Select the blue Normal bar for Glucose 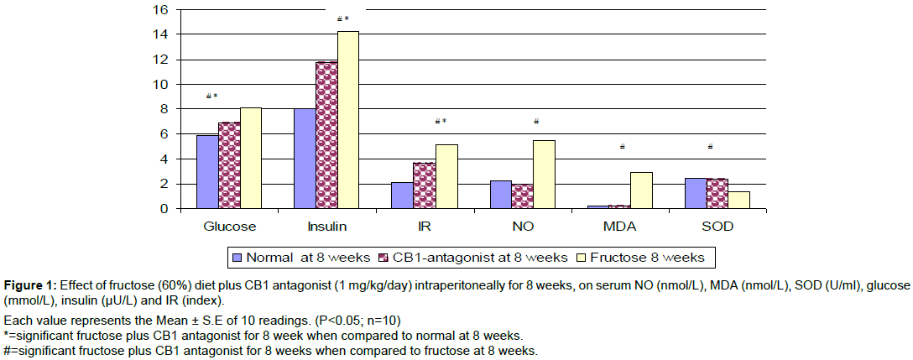pyautogui.click(x=206, y=171)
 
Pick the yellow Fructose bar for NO pyautogui.click(x=544, y=174)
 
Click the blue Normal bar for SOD pyautogui.click(x=696, y=193)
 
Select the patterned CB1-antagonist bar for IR pyautogui.click(x=425, y=185)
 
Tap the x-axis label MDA pyautogui.click(x=619, y=227)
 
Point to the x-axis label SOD pyautogui.click(x=717, y=227)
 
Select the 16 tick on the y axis pyautogui.click(x=159, y=10)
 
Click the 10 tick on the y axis pyautogui.click(x=159, y=85)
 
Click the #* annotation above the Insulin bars pyautogui.click(x=342, y=19)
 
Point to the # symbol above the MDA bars pyautogui.click(x=622, y=148)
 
